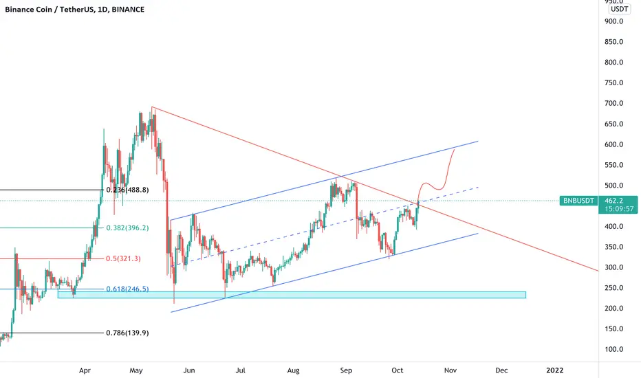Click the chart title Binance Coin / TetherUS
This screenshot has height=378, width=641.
tap(48, 10)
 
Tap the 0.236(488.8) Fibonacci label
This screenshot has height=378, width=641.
tap(127, 190)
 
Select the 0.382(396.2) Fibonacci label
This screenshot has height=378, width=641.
tap(127, 228)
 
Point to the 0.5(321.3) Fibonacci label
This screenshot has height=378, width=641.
tap(124, 258)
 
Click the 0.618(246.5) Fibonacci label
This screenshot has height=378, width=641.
tap(127, 289)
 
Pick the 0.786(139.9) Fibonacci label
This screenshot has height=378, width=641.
tap(127, 333)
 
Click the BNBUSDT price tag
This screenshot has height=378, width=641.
tap(578, 201)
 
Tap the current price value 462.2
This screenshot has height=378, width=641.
tap(613, 201)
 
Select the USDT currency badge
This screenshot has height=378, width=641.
tap(619, 9)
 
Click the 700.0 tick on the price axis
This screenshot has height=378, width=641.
tap(614, 103)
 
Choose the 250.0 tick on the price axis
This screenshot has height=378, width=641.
tap(614, 288)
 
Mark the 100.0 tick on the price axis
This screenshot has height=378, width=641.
tap(614, 349)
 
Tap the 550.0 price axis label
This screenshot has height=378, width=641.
tap(614, 165)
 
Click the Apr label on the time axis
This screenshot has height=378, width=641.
tap(85, 370)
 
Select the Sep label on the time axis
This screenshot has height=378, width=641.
tap(346, 370)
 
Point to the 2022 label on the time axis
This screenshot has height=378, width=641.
tap(555, 370)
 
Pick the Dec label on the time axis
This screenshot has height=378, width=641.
tap(501, 370)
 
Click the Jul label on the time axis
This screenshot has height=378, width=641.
tap(241, 370)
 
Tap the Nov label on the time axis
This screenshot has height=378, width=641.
tap(450, 370)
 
